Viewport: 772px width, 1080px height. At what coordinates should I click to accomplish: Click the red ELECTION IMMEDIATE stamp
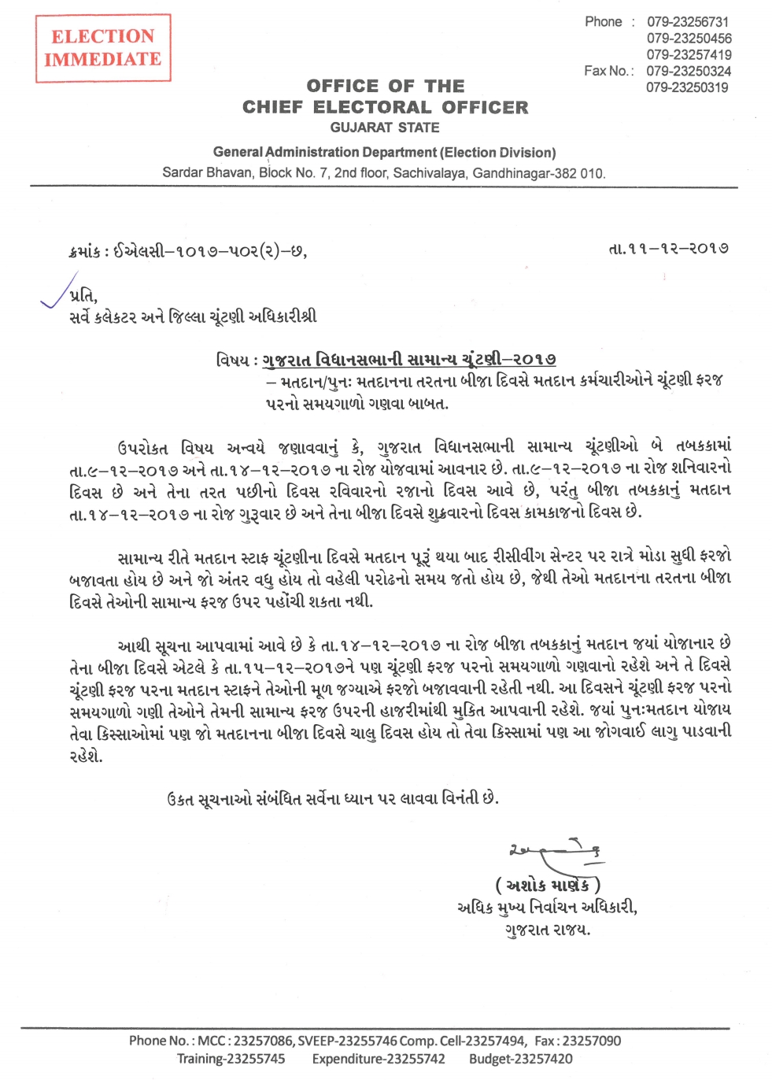coord(103,48)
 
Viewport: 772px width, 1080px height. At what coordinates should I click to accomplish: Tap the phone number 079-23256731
coord(688,22)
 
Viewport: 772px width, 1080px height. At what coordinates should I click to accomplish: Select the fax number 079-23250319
coord(687,87)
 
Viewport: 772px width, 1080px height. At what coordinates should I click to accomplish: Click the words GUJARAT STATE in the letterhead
coord(385,128)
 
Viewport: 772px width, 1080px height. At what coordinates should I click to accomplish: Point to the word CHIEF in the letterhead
coord(272,107)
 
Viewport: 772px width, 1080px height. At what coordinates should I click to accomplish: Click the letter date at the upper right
coord(669,248)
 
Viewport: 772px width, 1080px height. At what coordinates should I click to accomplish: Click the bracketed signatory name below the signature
coord(548,885)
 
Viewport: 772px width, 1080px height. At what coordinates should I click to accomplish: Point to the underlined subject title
coord(409,360)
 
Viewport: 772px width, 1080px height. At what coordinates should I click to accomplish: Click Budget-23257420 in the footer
coord(521,1060)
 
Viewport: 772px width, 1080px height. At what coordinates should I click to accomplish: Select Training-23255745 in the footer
coord(231,1060)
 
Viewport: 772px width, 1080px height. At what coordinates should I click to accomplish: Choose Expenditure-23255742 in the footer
coord(379,1060)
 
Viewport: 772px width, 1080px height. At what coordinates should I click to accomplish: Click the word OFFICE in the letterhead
coord(342,86)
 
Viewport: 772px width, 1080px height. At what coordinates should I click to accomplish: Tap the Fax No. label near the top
coord(608,71)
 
